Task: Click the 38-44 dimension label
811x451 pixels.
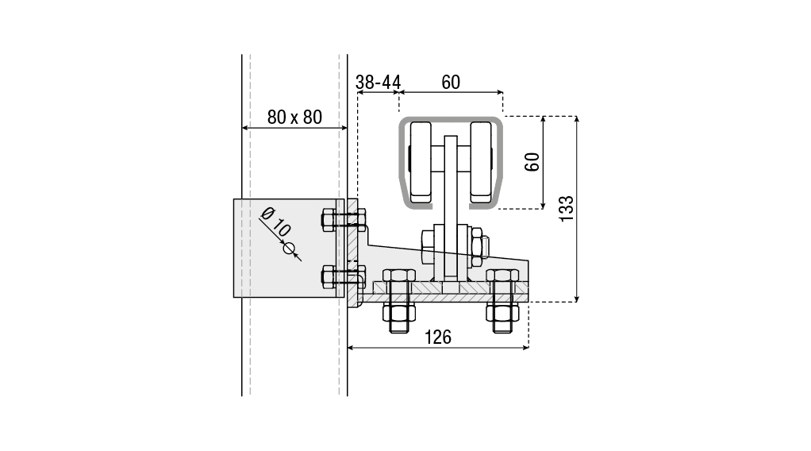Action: [x=378, y=83]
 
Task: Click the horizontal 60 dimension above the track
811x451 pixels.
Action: [x=451, y=83]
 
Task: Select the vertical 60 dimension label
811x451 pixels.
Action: [x=532, y=162]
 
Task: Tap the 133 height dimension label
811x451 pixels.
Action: [x=567, y=208]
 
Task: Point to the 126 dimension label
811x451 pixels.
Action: [x=437, y=337]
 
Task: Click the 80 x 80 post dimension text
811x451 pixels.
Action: [x=294, y=117]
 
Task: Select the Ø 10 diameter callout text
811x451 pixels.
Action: [x=275, y=221]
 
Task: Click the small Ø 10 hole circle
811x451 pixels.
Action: [x=289, y=249]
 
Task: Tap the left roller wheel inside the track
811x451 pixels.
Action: [x=421, y=162]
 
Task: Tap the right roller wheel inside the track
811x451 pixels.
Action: [x=480, y=162]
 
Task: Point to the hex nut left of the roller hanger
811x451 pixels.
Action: [x=428, y=246]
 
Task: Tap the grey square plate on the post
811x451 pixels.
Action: [x=289, y=248]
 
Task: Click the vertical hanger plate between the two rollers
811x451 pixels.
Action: [x=451, y=207]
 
